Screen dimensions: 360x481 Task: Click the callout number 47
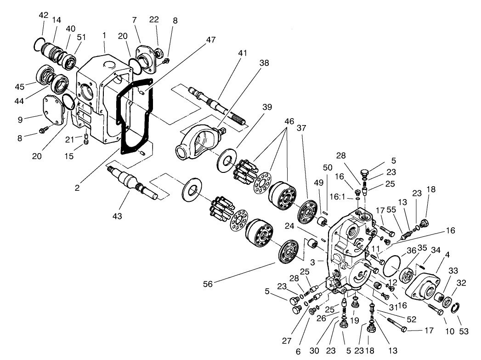(x=210, y=40)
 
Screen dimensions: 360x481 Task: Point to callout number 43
(x=118, y=216)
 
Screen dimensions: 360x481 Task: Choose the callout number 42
(x=44, y=15)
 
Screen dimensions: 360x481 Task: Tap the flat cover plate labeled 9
(x=53, y=110)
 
